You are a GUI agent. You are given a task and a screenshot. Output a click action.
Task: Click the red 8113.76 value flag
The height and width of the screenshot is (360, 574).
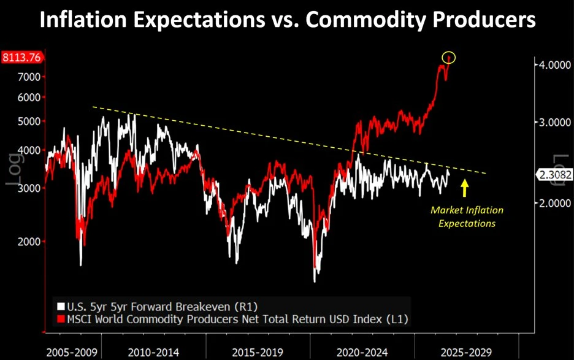pos(21,58)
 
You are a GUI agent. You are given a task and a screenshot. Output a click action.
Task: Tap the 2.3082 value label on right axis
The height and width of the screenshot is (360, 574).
pos(555,175)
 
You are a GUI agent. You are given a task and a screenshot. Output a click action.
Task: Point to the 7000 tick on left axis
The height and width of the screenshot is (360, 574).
pos(29,77)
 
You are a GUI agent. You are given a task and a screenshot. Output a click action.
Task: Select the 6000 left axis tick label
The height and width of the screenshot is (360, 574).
pos(29,98)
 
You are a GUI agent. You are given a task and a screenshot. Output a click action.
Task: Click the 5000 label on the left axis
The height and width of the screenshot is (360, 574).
pos(29,121)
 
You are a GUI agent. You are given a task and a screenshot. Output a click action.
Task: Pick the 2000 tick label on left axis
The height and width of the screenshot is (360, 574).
pos(29,242)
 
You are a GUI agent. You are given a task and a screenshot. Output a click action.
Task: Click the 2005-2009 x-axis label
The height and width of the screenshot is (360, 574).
pos(72,353)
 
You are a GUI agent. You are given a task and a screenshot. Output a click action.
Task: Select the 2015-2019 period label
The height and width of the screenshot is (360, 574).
pos(258,353)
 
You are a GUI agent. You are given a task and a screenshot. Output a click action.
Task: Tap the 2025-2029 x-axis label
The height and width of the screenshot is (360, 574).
pos(466,353)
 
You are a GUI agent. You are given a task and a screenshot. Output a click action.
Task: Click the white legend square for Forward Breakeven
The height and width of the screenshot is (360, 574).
pos(61,307)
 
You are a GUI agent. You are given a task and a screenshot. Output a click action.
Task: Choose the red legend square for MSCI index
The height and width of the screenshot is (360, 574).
pos(61,319)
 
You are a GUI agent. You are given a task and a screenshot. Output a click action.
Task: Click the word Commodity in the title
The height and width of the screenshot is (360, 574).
pos(365,20)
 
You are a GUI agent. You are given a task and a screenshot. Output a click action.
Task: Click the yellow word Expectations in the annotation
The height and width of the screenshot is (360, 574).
pos(467,224)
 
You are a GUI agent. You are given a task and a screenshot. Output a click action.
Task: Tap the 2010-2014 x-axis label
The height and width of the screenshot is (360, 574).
pos(153,353)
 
